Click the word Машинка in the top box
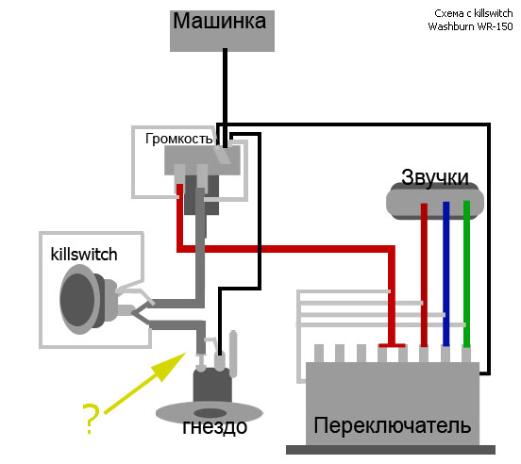tap(219, 22)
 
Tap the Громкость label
tap(178, 139)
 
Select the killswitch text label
tap(84, 255)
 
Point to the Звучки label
tap(434, 177)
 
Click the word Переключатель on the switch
tap(392, 425)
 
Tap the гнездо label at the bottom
tap(214, 427)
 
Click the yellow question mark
tap(91, 419)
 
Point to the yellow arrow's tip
tap(185, 353)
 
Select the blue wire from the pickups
tap(445, 274)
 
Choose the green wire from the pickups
tap(466, 274)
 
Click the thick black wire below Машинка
tap(225, 98)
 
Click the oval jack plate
tap(210, 412)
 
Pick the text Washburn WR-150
tap(470, 26)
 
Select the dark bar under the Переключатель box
tap(391, 450)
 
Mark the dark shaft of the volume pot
tap(202, 195)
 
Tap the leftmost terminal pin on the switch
tap(319, 353)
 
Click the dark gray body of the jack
tap(212, 385)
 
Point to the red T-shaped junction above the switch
tap(392, 345)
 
